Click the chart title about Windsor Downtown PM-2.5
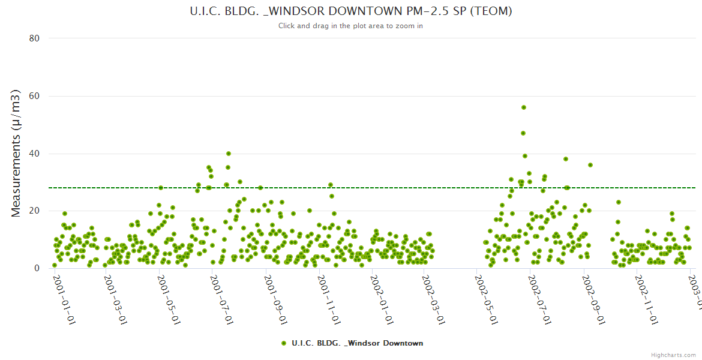click(351, 11)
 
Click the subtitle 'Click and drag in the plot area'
click(351, 26)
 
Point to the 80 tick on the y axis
click(34, 38)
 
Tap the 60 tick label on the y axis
click(34, 96)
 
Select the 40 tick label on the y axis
click(34, 154)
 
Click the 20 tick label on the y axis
click(34, 211)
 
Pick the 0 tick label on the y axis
click(37, 268)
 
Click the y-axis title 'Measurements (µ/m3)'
click(17, 153)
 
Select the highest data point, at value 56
click(523, 107)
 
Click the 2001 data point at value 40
click(228, 154)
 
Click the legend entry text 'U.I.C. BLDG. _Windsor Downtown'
click(357, 343)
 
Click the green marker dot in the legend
click(283, 343)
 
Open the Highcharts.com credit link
click(673, 355)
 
